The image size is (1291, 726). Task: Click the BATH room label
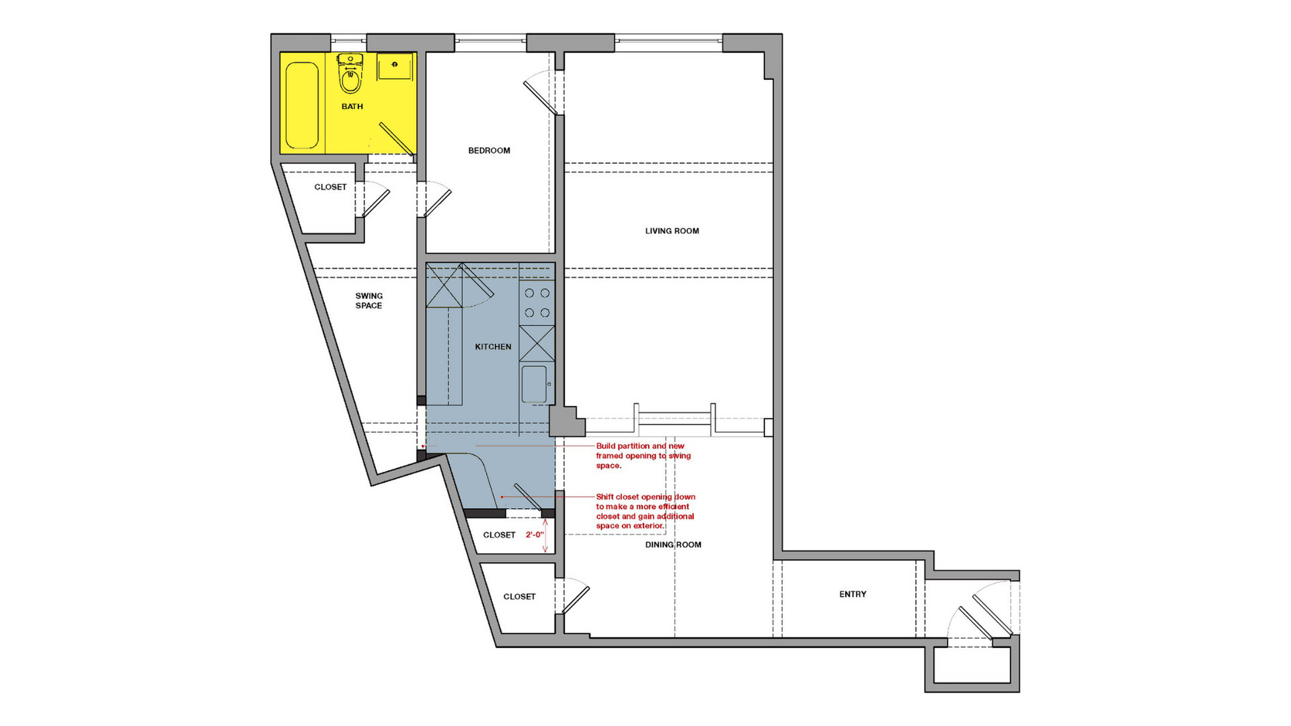point(352,106)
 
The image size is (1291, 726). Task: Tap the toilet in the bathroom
point(350,73)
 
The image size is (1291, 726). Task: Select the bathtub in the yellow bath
point(302,105)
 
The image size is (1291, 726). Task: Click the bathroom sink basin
point(395,66)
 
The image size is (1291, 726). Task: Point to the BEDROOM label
point(489,151)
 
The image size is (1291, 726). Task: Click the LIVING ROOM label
point(672,231)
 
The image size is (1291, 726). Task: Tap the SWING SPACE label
point(368,300)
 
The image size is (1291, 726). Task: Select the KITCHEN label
point(493,347)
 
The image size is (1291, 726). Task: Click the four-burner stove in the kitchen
point(537,302)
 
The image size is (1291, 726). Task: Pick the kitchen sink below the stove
point(535,384)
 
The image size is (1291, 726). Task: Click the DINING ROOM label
point(673,544)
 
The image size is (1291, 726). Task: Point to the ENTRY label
point(853,594)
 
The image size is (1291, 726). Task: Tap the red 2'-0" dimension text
point(535,535)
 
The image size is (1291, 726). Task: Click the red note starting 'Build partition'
point(643,456)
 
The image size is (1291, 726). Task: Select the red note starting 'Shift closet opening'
point(645,512)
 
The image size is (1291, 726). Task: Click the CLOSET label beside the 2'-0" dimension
point(499,535)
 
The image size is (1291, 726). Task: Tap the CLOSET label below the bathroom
point(330,187)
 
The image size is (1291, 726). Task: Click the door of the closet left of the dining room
point(575,597)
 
